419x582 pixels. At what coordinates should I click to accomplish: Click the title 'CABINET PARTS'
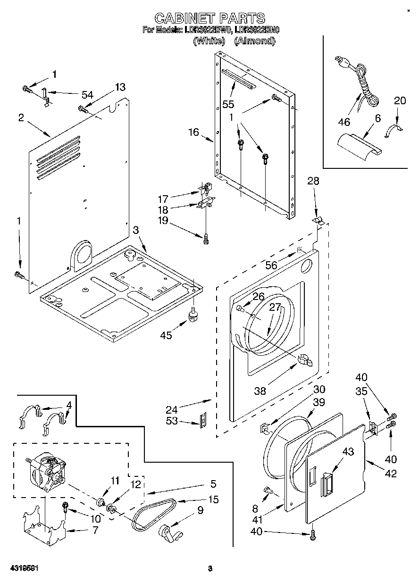(209, 18)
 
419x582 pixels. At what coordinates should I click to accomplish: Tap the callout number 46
(344, 122)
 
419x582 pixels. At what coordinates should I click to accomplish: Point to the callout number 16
(194, 133)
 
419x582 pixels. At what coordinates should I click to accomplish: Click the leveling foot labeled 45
(193, 315)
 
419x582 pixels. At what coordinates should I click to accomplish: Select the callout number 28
(313, 181)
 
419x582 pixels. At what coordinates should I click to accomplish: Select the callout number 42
(391, 474)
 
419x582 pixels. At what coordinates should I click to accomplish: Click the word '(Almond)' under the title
(254, 41)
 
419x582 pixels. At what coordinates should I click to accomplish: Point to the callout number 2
(21, 117)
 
